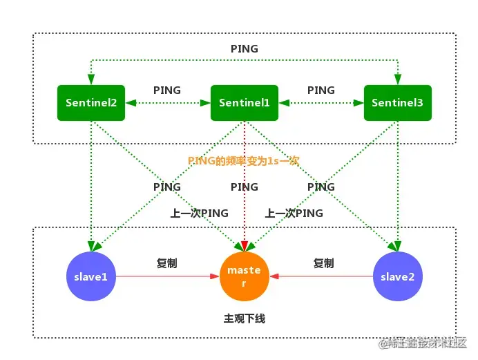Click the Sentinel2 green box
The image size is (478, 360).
(x=91, y=103)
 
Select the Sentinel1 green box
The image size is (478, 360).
(x=244, y=103)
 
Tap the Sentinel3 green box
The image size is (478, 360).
(x=397, y=103)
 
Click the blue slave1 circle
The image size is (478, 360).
(x=90, y=277)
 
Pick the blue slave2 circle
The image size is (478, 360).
(x=397, y=277)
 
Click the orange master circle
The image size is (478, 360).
(x=244, y=277)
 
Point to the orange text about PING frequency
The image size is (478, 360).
(x=243, y=160)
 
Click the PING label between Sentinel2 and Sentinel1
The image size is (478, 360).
(x=167, y=91)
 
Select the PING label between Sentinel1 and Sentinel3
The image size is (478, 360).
(x=321, y=91)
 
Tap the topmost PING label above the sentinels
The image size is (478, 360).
(x=244, y=49)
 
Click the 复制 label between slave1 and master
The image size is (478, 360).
(x=167, y=263)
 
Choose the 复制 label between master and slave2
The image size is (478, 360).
(x=323, y=263)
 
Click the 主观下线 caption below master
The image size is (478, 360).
(x=244, y=319)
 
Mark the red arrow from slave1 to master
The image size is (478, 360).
(x=166, y=277)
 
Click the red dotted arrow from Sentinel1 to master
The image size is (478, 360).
(x=244, y=207)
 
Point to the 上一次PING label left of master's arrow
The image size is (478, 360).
(x=200, y=214)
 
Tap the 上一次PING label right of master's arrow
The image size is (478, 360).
(x=294, y=214)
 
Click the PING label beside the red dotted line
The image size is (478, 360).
(x=244, y=187)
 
